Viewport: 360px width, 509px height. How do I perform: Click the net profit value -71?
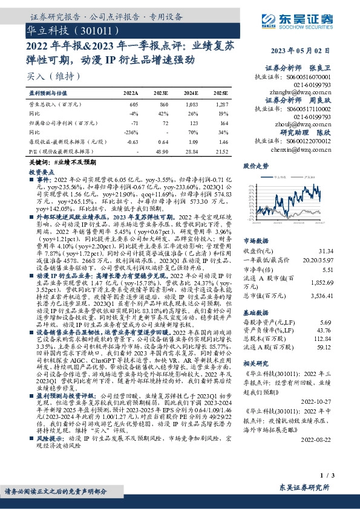coord(135,122)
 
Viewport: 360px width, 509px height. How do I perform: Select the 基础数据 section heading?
coord(255,313)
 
